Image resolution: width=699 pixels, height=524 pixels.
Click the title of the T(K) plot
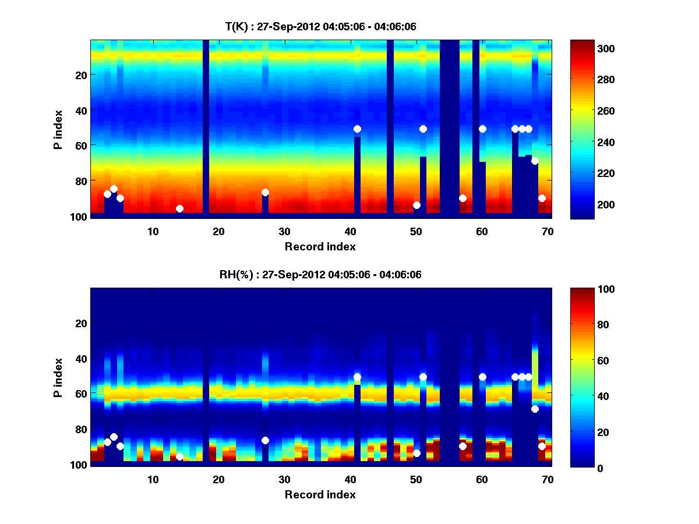coord(320,26)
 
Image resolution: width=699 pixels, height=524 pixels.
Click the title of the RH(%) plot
coord(320,274)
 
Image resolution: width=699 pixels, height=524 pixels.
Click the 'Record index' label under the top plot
coord(320,246)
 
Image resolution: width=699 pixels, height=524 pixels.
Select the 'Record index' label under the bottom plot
coord(320,494)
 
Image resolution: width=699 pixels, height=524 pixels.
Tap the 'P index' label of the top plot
coord(58,128)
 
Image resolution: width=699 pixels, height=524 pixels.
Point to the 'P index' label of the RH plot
coord(58,377)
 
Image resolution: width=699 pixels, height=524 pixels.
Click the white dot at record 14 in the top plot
coord(179,208)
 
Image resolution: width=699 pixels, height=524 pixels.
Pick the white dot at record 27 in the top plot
coord(265,192)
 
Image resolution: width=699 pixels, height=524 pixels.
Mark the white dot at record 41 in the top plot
coord(357,129)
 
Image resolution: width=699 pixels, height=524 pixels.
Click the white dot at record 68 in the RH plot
coord(535,409)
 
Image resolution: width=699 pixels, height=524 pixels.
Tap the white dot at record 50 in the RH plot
coord(416,453)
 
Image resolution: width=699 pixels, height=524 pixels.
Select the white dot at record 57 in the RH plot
coord(463,446)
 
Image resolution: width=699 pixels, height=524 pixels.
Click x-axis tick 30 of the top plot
coord(284,231)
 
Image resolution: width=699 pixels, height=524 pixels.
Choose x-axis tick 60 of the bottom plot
coord(482,479)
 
